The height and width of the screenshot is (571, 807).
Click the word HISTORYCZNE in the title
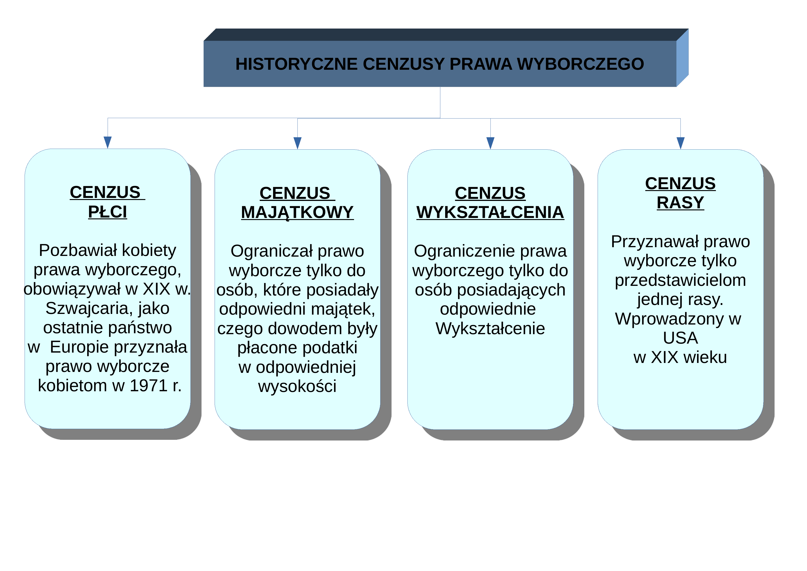coord(297,64)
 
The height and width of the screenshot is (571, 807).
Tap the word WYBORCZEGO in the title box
coord(580,64)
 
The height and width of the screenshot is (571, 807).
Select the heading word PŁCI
coord(108,212)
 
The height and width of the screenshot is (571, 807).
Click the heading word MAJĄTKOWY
coord(297,212)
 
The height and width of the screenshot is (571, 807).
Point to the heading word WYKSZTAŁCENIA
coord(490,212)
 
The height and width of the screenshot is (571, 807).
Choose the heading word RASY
coord(680,203)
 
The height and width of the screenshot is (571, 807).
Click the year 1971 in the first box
coord(149,386)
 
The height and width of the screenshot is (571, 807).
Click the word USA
coord(680,338)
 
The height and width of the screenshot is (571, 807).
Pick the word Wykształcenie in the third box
coord(490,329)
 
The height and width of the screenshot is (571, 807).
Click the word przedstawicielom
coord(680,281)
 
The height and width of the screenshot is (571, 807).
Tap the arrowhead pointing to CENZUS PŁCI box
coord(108,142)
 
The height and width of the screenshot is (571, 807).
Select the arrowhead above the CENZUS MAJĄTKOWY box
coord(297,143)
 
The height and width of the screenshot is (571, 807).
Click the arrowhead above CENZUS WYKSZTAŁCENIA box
coord(490,143)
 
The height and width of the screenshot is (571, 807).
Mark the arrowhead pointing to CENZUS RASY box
coord(680,143)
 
